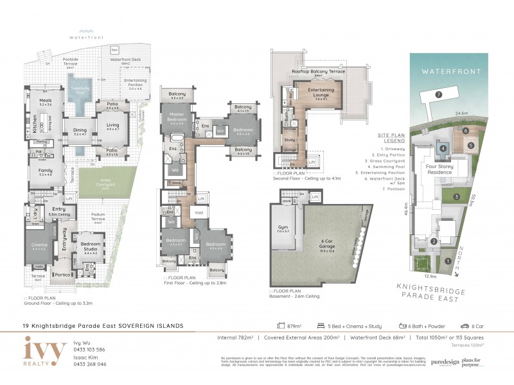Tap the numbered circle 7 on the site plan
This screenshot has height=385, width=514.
pos(438,94)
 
